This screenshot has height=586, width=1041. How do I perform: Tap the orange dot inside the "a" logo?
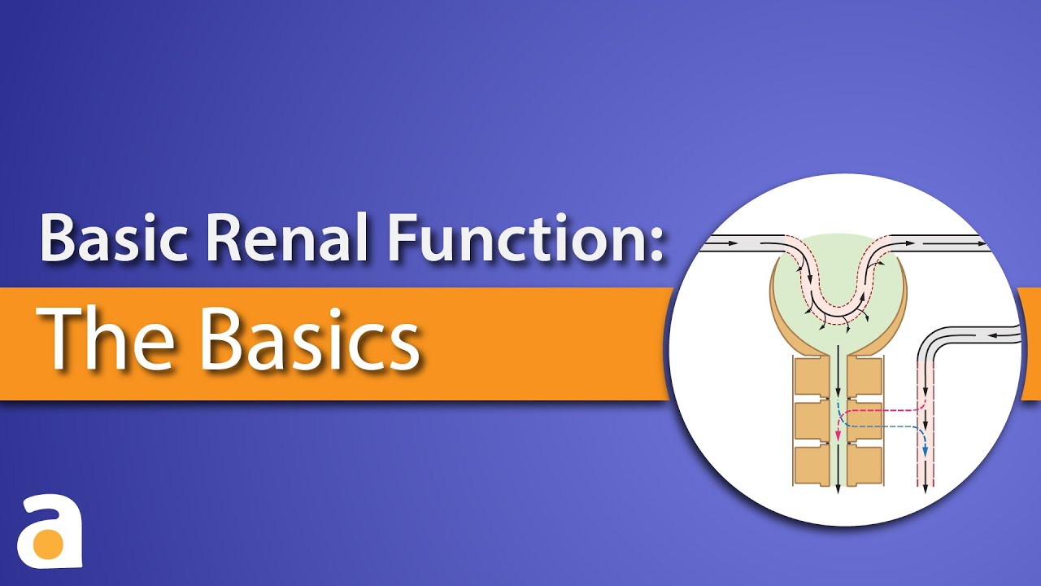click(x=49, y=542)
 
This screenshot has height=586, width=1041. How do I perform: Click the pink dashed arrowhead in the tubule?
click(x=838, y=437)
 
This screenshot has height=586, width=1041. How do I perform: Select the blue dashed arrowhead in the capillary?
click(x=925, y=453)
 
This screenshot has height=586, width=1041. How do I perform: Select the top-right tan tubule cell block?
click(x=864, y=375)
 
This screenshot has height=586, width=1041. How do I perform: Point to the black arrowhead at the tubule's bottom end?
click(x=838, y=487)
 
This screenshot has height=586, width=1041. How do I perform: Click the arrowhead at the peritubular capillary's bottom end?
click(x=926, y=487)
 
